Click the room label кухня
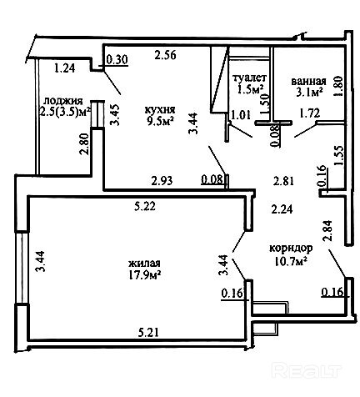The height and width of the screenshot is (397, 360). pyautogui.click(x=160, y=110)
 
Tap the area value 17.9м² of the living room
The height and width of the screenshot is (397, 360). pyautogui.click(x=145, y=274)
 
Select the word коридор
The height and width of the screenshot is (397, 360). pyautogui.click(x=291, y=248)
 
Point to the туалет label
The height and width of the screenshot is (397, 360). pyautogui.click(x=250, y=78)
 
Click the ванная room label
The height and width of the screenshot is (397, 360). pyautogui.click(x=308, y=82)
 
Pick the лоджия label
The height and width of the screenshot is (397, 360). pyautogui.click(x=63, y=101)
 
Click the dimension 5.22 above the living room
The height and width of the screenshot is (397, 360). pyautogui.click(x=145, y=206)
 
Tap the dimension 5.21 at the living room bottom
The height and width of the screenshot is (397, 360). pyautogui.click(x=149, y=332)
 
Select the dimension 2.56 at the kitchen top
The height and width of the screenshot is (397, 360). pyautogui.click(x=166, y=55)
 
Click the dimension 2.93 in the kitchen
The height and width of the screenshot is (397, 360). pyautogui.click(x=162, y=181)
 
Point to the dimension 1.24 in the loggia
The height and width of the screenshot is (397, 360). pyautogui.click(x=65, y=68)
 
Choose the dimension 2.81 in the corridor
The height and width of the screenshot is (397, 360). pyautogui.click(x=283, y=181)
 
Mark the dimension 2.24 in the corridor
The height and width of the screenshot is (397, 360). pyautogui.click(x=282, y=209)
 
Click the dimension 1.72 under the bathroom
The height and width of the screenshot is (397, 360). pyautogui.click(x=309, y=113)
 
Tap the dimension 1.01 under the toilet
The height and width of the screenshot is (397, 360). pyautogui.click(x=241, y=114)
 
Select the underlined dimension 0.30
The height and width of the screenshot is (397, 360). pyautogui.click(x=117, y=60)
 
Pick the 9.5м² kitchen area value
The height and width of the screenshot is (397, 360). pyautogui.click(x=161, y=121)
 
